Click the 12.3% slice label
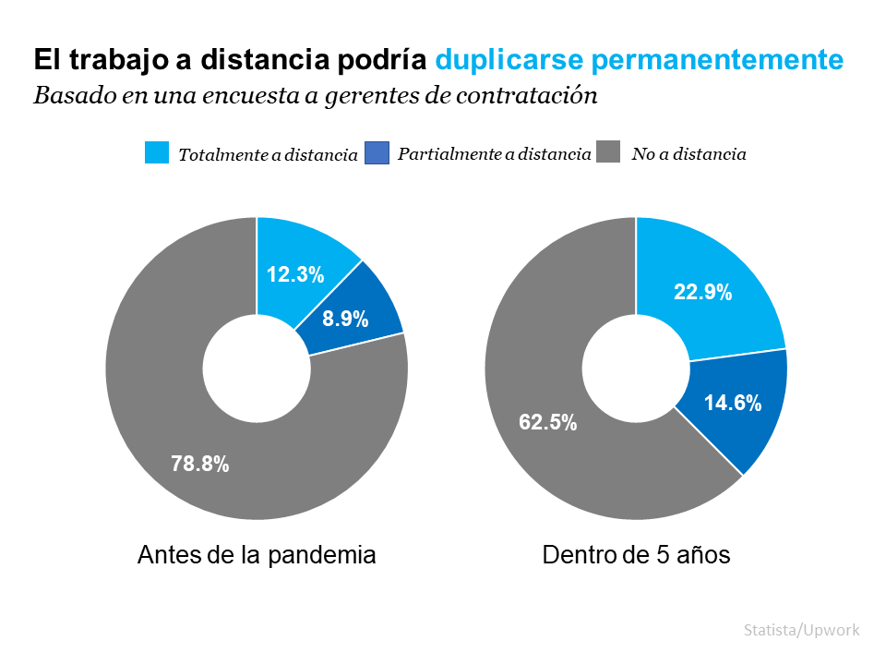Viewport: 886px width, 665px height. click(x=295, y=274)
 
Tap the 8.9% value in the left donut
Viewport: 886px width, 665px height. click(x=345, y=320)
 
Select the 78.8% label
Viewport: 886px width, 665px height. click(x=200, y=465)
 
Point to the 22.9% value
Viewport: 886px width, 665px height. click(x=703, y=293)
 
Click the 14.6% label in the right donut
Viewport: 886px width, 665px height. click(x=733, y=403)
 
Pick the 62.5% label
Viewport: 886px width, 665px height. click(x=548, y=423)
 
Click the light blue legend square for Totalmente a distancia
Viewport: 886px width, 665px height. click(x=157, y=153)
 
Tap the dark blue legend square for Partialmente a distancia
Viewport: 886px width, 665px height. click(x=377, y=153)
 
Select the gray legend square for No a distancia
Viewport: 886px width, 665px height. click(x=609, y=153)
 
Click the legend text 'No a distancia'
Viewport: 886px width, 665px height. click(x=688, y=154)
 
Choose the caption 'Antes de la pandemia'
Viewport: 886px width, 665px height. click(x=257, y=555)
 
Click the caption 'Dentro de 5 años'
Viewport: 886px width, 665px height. click(x=637, y=555)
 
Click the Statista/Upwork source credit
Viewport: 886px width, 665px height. click(x=802, y=630)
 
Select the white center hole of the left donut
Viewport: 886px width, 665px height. click(x=257, y=369)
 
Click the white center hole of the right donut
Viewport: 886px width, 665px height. click(x=636, y=369)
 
